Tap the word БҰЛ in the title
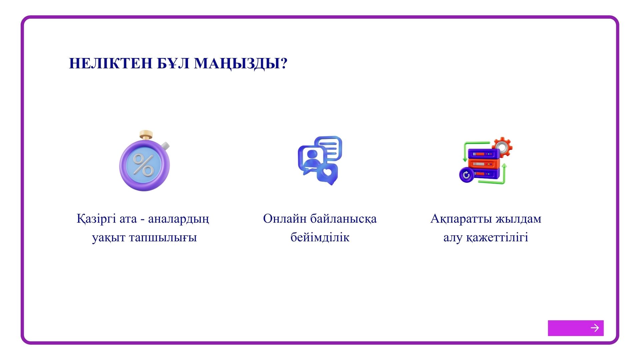(173, 63)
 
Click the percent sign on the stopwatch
(143, 165)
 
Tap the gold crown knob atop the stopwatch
(146, 135)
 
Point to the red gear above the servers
(502, 147)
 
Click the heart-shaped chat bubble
(327, 174)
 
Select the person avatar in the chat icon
(312, 158)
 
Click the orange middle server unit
(484, 164)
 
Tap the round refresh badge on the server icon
(466, 175)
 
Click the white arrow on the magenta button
(595, 328)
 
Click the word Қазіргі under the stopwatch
(96, 219)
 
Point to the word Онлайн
(285, 219)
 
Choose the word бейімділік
(320, 237)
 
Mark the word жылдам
(519, 219)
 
